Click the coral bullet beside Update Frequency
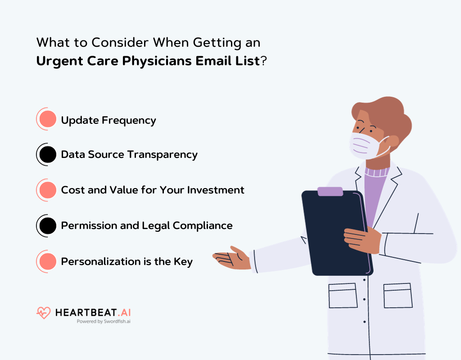point(47,120)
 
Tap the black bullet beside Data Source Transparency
point(47,155)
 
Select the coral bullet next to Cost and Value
point(47,190)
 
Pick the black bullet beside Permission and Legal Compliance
point(47,225)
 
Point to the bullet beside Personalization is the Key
point(47,261)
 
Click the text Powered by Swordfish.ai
point(104,322)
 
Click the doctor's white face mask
point(367,145)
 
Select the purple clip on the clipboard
point(330,191)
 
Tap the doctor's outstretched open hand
point(232,258)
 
